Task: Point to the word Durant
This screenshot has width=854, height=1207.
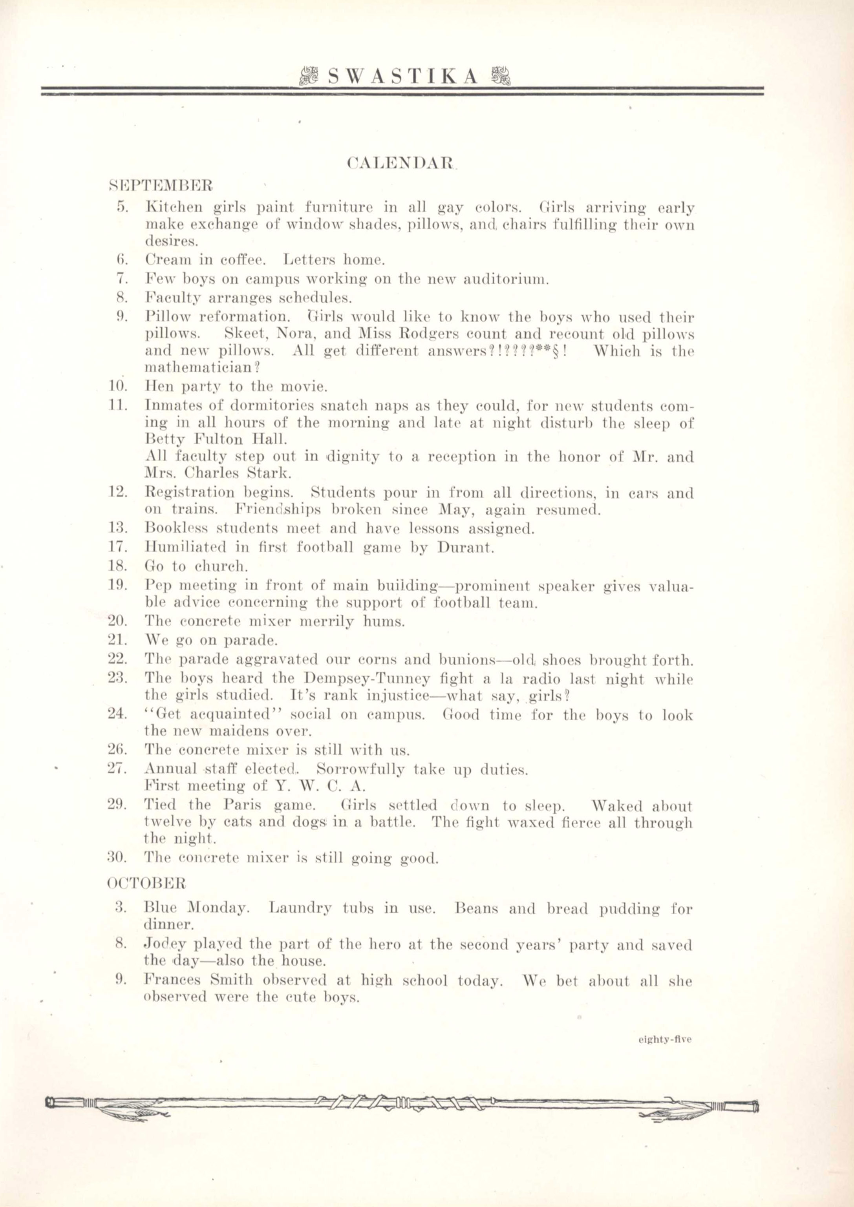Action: (x=465, y=548)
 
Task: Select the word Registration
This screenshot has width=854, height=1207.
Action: (x=189, y=493)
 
